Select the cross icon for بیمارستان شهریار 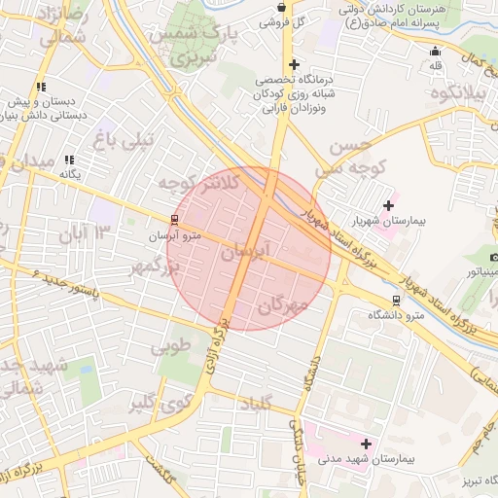coord(389,205)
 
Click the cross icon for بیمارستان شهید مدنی coord(366,444)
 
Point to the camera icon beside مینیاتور coord(493,256)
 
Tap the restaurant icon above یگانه coord(69,160)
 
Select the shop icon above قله coord(435,52)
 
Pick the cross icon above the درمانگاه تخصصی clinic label coord(294,64)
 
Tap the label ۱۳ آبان coord(91,231)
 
